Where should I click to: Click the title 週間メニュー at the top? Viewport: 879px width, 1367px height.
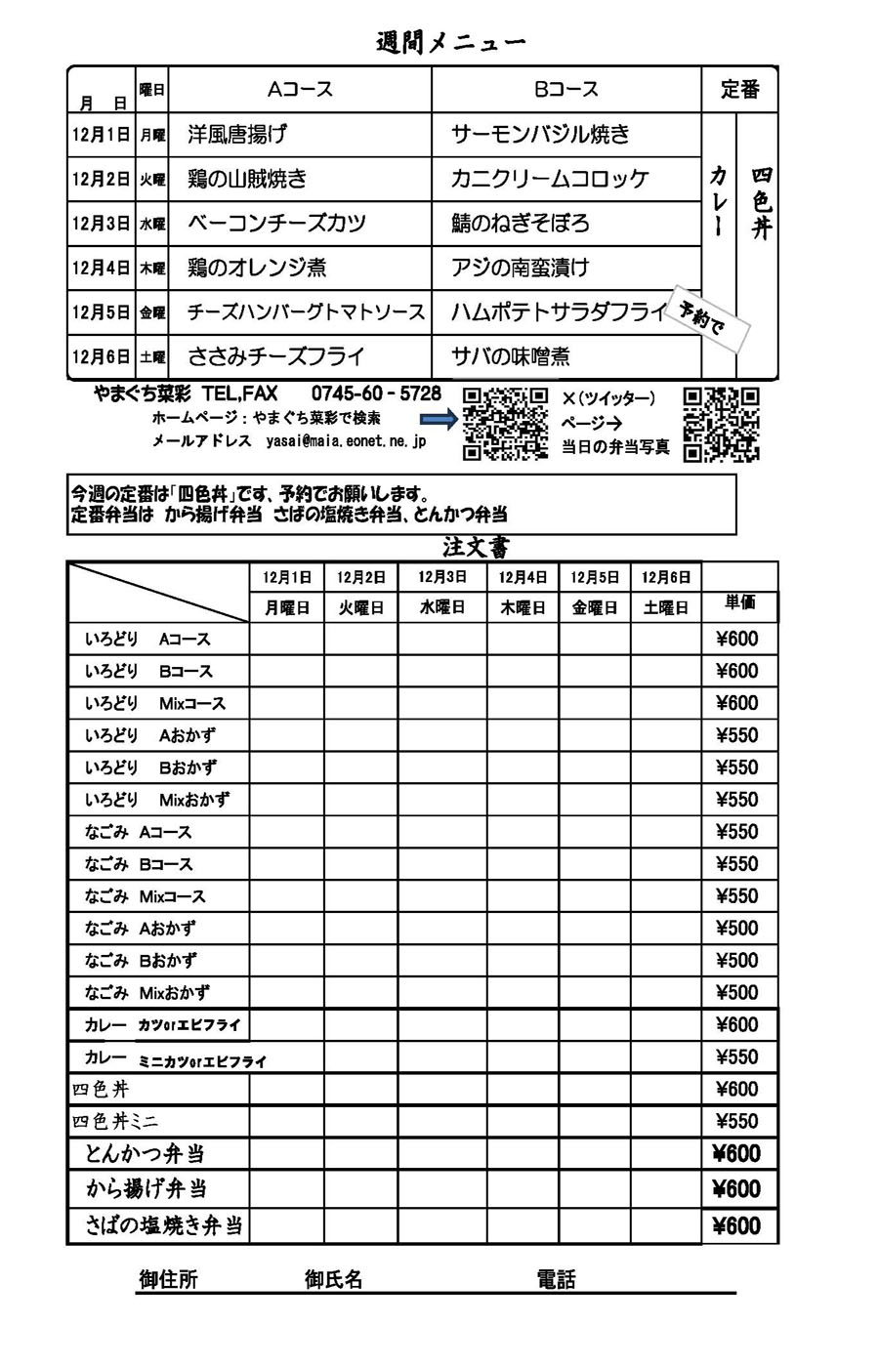coord(450,42)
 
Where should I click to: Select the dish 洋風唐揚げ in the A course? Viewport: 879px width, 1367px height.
coord(237,134)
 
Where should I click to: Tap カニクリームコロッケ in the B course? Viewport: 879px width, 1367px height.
coord(550,179)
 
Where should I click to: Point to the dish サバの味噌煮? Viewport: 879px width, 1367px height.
coord(511,356)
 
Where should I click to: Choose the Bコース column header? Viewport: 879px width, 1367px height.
coord(565,90)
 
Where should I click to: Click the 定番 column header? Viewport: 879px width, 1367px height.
coord(739,90)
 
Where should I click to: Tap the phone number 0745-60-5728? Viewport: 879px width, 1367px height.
coord(376,394)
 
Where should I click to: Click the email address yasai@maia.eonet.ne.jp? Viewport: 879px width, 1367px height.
coord(346,441)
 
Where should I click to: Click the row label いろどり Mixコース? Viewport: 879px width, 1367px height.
coord(155,703)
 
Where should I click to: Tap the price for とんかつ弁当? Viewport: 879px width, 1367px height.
coord(737,1154)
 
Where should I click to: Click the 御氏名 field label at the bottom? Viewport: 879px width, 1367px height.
coord(333,1279)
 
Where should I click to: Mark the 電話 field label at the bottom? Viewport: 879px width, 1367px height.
coord(556,1279)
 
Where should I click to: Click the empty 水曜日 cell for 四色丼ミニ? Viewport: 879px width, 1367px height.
coord(441,1121)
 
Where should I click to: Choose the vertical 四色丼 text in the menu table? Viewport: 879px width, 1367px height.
coord(761,203)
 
